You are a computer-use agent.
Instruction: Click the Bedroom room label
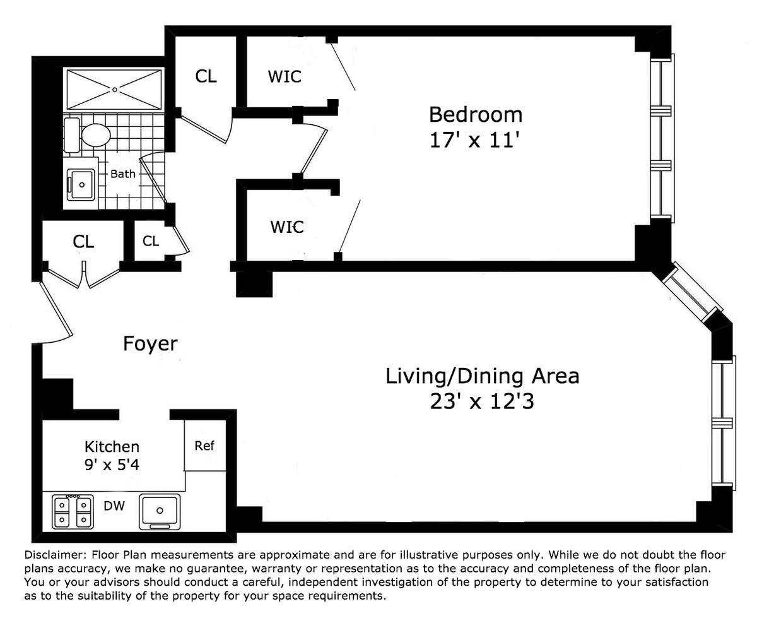(476, 115)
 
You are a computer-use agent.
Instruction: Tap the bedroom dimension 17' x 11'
(475, 140)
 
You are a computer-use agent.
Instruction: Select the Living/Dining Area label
(482, 376)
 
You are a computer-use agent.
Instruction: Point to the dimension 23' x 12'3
(482, 401)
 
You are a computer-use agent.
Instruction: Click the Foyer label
(151, 343)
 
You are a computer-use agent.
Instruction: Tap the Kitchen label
(112, 447)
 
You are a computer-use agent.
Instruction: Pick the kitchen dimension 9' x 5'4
(112, 465)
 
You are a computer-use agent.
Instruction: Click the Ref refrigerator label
(204, 446)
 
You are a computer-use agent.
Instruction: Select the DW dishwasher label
(114, 506)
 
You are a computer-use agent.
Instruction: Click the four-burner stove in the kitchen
(73, 512)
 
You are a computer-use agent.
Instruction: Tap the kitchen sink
(160, 511)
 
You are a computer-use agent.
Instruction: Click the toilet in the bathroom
(88, 135)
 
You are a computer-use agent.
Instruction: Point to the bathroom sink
(81, 185)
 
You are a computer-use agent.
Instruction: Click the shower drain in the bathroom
(115, 89)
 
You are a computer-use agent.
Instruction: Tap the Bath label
(123, 174)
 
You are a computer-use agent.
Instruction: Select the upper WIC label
(285, 76)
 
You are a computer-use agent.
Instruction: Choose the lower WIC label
(287, 227)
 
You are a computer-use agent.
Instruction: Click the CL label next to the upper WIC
(206, 76)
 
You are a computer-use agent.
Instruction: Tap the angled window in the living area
(693, 292)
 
